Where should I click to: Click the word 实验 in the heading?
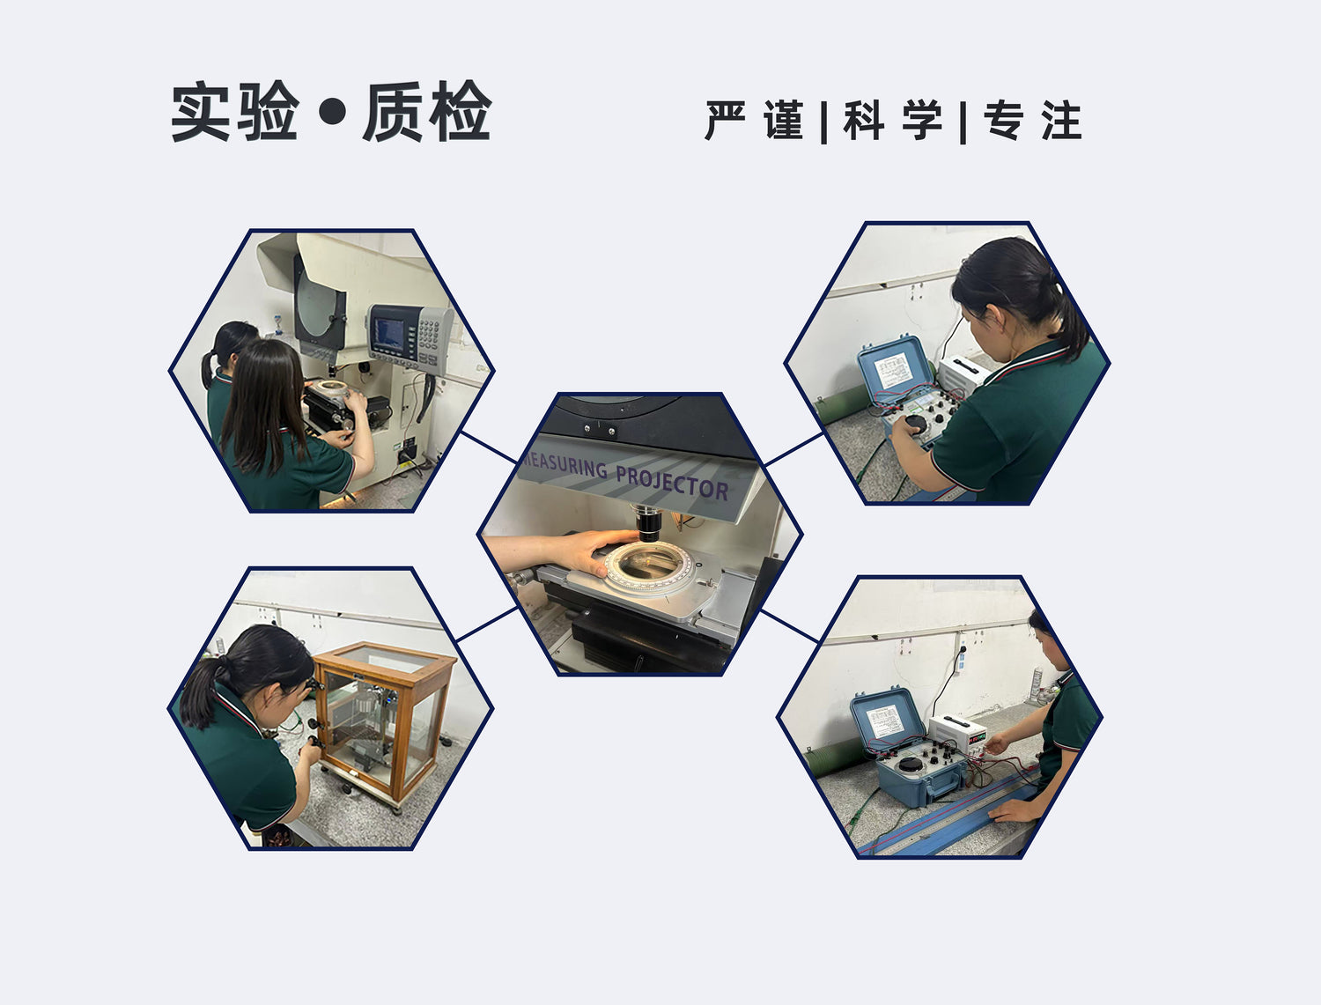click(235, 111)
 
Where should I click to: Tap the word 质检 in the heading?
click(427, 111)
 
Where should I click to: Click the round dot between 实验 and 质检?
click(332, 111)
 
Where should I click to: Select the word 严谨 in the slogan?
click(754, 121)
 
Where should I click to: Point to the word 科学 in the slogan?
click(892, 121)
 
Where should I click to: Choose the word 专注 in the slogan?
click(1033, 121)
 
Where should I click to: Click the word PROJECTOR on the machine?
click(672, 483)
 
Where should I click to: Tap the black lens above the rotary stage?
click(649, 523)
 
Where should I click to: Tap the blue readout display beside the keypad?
click(390, 334)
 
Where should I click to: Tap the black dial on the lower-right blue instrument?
click(910, 765)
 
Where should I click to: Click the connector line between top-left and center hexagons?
click(489, 447)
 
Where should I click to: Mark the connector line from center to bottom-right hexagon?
click(790, 626)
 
